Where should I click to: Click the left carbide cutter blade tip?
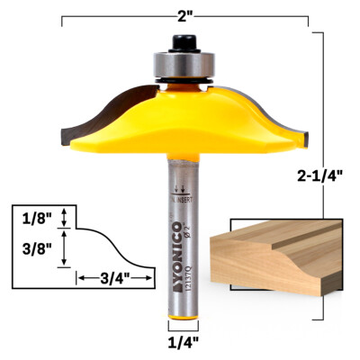point(64,134)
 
